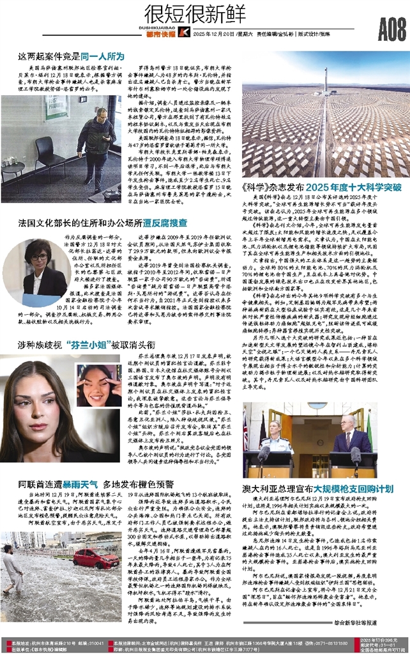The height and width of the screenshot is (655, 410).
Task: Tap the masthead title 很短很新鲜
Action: coord(186,12)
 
